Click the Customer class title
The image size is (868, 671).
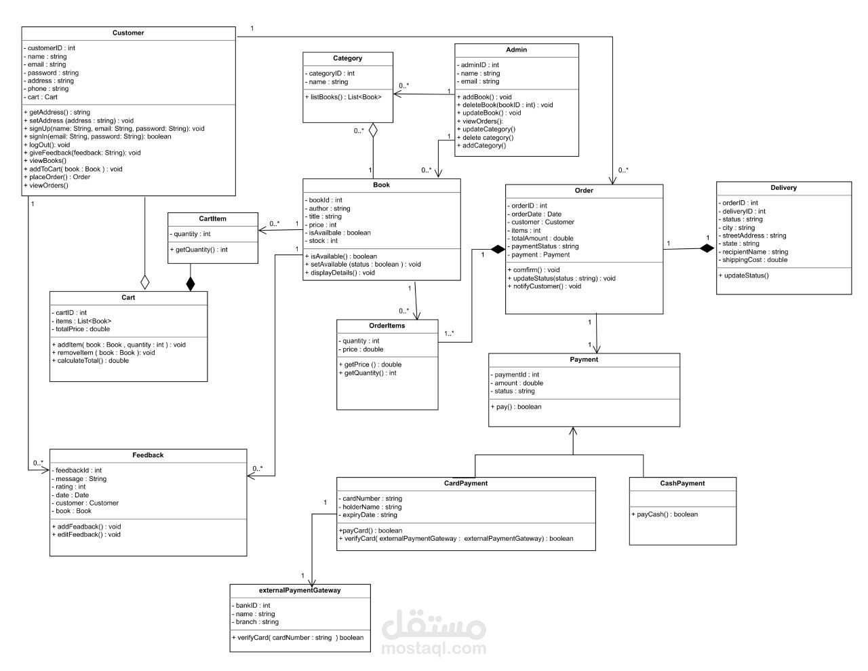click(128, 33)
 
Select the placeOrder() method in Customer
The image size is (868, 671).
click(58, 177)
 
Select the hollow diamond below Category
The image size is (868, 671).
click(372, 131)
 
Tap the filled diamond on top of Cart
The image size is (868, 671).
click(191, 284)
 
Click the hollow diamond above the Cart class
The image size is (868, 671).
click(144, 282)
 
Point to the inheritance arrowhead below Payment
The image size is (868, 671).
click(574, 432)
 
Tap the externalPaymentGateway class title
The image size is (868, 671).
click(300, 590)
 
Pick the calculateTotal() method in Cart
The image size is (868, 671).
click(90, 361)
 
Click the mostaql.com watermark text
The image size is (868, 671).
click(434, 649)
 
